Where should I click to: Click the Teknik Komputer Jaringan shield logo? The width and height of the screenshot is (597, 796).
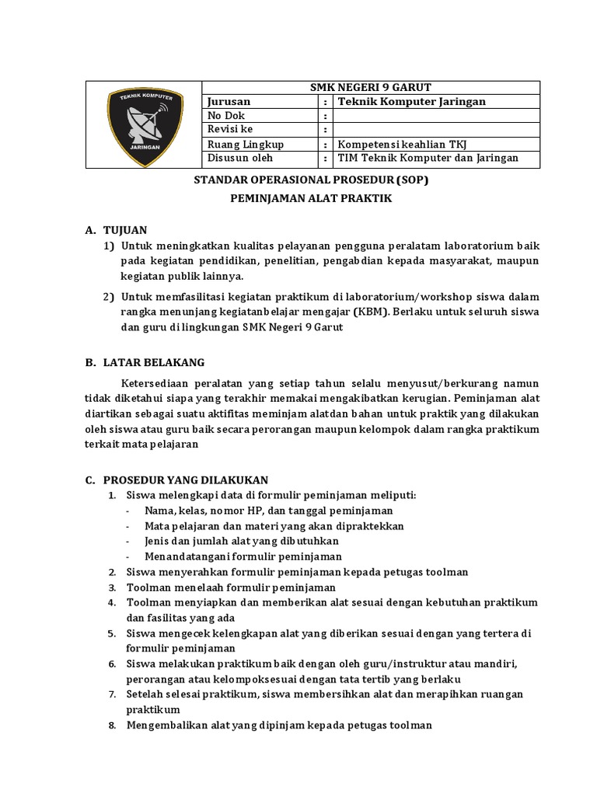tap(144, 124)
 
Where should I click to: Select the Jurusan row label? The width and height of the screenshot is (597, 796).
tap(229, 102)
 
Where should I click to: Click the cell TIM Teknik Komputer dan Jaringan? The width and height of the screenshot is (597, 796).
tap(427, 159)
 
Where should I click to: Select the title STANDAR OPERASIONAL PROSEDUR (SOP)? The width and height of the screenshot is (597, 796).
tap(310, 180)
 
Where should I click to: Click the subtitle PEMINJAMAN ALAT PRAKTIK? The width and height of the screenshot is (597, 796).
tap(310, 199)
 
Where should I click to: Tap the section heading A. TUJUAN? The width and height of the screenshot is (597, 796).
tap(116, 230)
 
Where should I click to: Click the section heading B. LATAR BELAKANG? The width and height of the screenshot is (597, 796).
tap(145, 362)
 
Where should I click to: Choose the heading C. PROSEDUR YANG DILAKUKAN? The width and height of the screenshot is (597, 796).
tap(177, 480)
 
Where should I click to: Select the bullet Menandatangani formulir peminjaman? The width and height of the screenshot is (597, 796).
tap(243, 557)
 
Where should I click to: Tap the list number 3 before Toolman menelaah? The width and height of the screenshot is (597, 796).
tap(112, 588)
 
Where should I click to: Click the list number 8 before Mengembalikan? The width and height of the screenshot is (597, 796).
tap(112, 725)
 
